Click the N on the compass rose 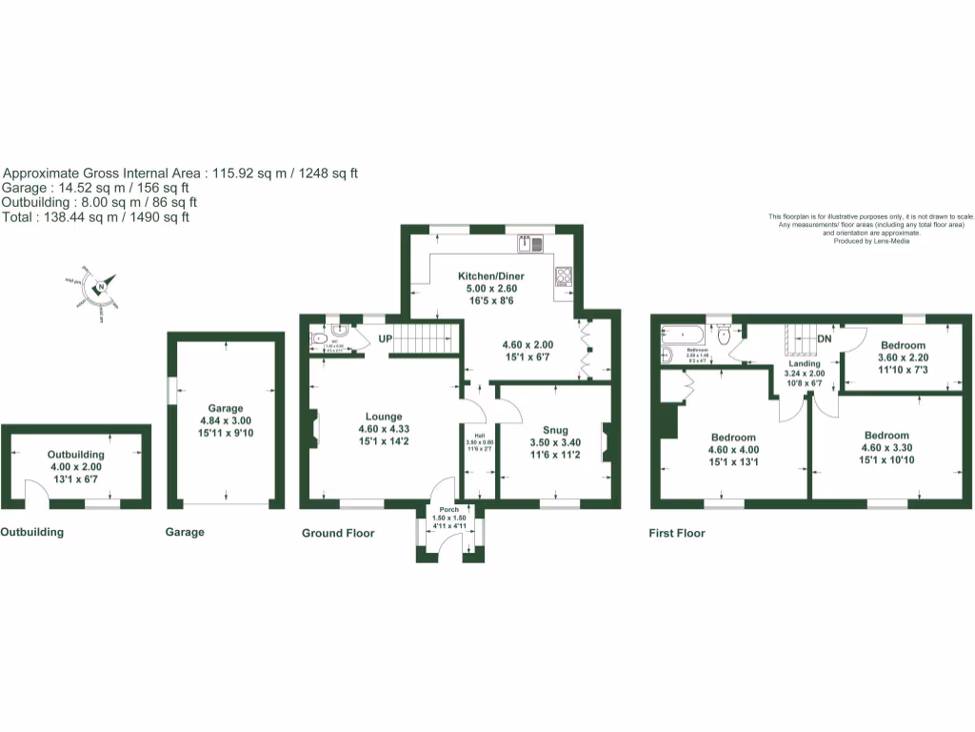[100, 285]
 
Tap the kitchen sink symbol [530, 244]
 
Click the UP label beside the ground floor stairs [386, 339]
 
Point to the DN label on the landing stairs [825, 338]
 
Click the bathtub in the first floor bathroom [682, 335]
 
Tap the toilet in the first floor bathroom [726, 334]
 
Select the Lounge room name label [385, 417]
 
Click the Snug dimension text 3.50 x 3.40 [554, 442]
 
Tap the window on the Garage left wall [170, 391]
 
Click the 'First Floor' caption [677, 533]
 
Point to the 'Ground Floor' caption [338, 533]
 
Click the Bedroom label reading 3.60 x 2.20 [902, 357]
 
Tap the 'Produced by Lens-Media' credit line [870, 241]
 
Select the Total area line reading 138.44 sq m [96, 217]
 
